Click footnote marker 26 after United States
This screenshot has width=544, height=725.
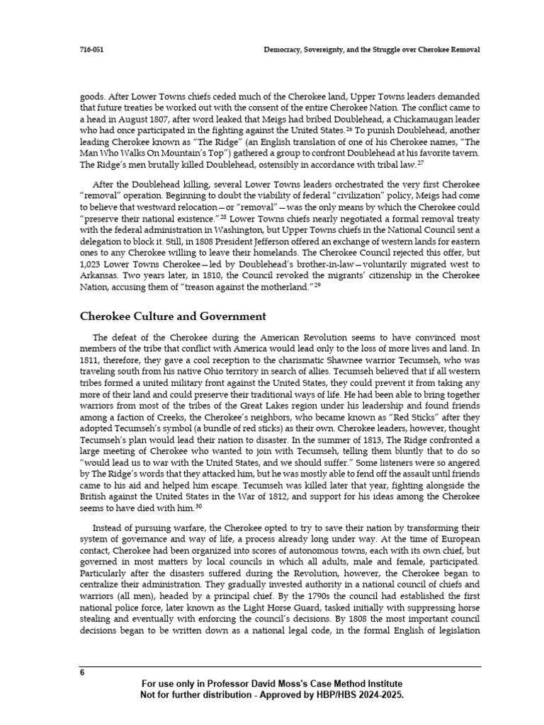pyautogui.click(x=349, y=130)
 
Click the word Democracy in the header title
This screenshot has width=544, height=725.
pyautogui.click(x=284, y=50)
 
